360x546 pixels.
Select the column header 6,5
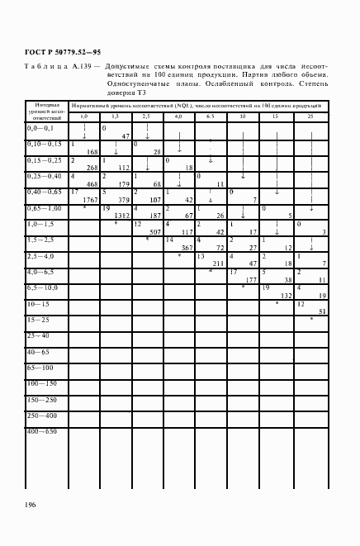point(210,116)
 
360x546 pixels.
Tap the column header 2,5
point(146,116)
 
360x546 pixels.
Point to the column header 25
point(309,116)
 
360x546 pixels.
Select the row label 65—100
point(40,366)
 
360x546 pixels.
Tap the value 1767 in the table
point(85,199)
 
